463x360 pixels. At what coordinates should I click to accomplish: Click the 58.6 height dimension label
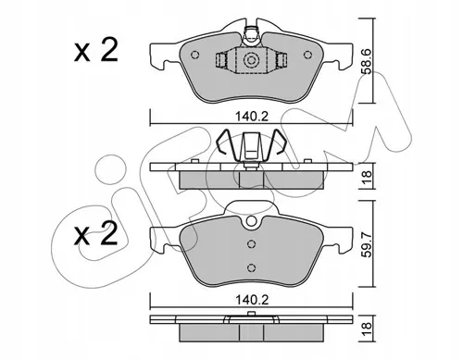[x=367, y=61]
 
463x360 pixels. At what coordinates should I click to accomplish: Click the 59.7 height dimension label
[x=367, y=245]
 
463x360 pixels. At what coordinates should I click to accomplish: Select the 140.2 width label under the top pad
[x=252, y=117]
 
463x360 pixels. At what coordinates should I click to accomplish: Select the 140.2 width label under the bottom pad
[x=252, y=300]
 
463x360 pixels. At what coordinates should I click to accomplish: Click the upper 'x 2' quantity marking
[x=95, y=51]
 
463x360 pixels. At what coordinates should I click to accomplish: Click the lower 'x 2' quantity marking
[x=95, y=234]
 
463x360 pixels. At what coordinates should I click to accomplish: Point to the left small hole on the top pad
[x=194, y=55]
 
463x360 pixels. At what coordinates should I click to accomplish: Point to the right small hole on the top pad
[x=307, y=55]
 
